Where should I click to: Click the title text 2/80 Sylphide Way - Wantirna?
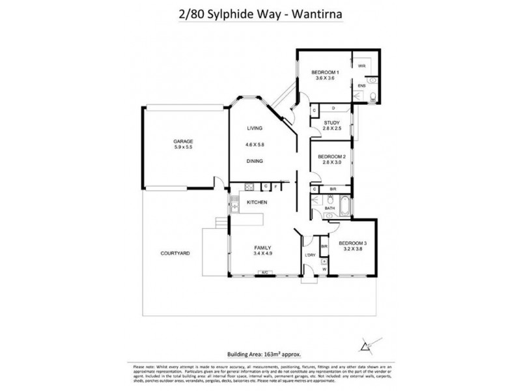(260, 15)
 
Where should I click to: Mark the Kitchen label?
(258, 203)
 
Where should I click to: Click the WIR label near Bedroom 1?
(361, 66)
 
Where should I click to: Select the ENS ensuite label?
(361, 85)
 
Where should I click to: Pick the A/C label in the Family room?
(264, 272)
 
